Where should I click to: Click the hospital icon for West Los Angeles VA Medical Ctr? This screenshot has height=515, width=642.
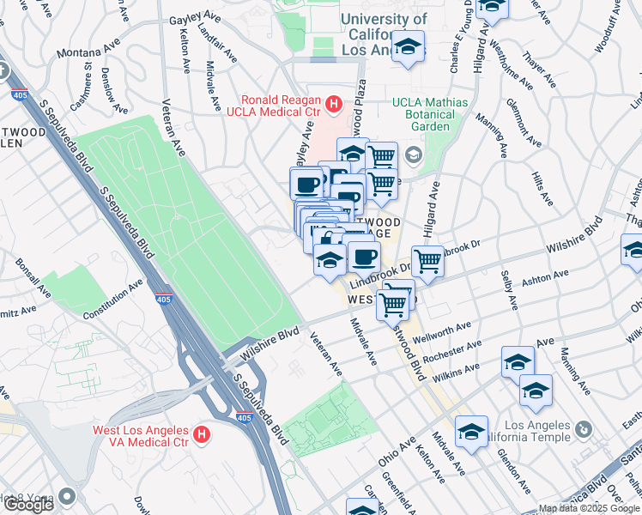tap(201, 434)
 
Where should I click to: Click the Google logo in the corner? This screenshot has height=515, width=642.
tap(28, 505)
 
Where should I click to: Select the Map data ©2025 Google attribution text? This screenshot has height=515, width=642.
tap(588, 508)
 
